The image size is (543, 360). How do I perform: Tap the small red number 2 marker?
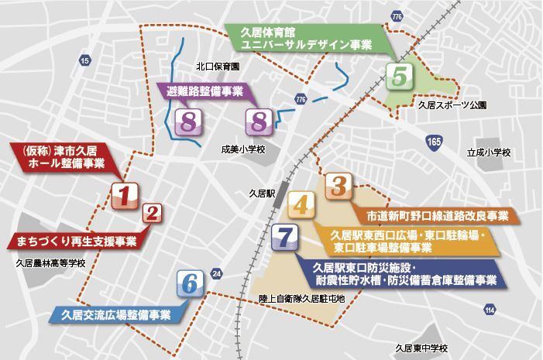click(x=153, y=214)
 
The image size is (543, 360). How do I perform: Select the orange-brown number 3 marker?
click(x=338, y=186)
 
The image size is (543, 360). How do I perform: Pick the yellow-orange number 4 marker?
click(x=301, y=206)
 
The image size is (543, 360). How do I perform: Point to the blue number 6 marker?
click(x=191, y=283)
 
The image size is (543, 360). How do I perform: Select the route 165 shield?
click(x=434, y=142)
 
